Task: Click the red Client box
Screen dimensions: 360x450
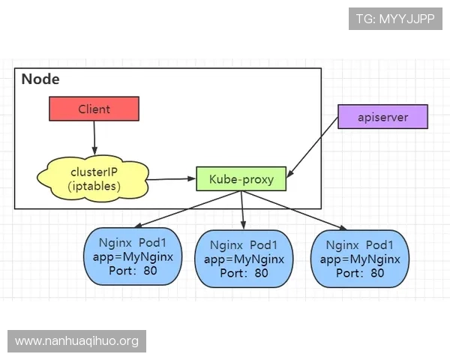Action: (94, 109)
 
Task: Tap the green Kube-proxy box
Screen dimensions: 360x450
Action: (241, 179)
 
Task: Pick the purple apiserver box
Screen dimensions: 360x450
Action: (382, 117)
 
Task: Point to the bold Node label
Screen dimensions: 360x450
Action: (40, 79)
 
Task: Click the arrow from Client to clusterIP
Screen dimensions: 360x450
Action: (94, 139)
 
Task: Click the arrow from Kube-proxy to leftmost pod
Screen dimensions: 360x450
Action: (187, 208)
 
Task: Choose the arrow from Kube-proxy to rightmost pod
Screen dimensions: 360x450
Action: (295, 210)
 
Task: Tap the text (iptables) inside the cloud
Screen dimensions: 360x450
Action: (94, 186)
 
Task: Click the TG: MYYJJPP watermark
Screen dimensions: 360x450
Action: (395, 19)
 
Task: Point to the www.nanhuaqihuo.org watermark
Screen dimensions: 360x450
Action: (77, 341)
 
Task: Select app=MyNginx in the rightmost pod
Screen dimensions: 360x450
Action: (360, 259)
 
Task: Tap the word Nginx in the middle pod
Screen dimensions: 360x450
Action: (226, 245)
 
